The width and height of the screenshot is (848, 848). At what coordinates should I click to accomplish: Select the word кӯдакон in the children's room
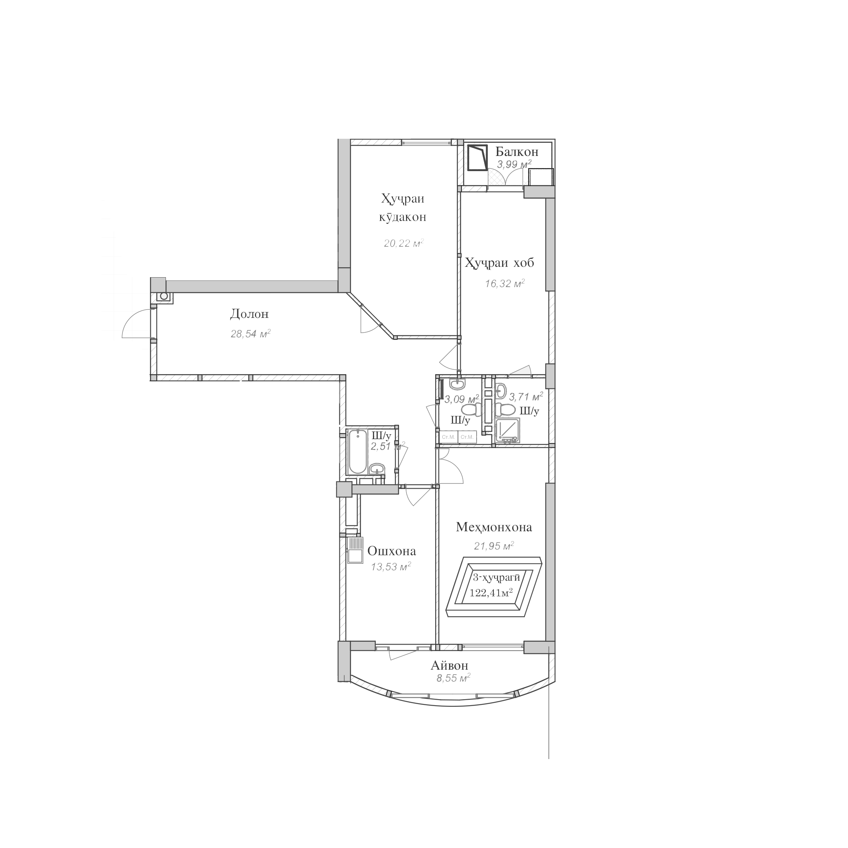(x=402, y=217)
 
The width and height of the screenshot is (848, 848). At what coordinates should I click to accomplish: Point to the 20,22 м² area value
(x=403, y=243)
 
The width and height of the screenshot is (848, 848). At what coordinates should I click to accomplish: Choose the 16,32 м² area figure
(x=505, y=284)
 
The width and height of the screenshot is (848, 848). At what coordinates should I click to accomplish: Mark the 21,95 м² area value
(x=494, y=546)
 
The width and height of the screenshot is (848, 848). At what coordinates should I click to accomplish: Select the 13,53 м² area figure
(x=390, y=567)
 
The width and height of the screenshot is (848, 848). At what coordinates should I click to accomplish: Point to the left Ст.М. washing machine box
(x=448, y=437)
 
